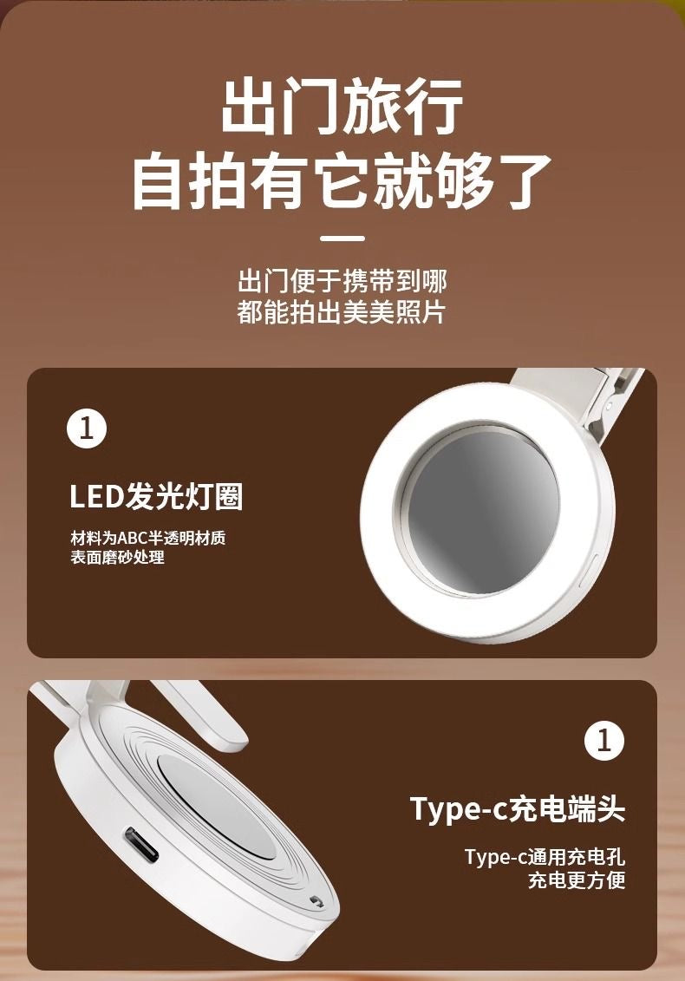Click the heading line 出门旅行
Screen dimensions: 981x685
coord(342,107)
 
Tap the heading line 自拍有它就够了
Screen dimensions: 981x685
coord(342,181)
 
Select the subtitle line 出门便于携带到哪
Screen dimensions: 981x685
coord(342,281)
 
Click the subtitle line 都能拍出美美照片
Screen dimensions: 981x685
coord(342,312)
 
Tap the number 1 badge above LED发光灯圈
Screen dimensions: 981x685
coord(87,429)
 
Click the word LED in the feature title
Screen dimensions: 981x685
coord(96,498)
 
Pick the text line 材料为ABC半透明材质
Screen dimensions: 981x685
coord(148,538)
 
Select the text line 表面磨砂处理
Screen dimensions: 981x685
coord(117,558)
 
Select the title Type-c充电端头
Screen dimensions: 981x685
coord(518,809)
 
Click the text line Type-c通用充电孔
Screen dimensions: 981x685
coord(545,857)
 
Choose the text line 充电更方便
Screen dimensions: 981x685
coord(577,880)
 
